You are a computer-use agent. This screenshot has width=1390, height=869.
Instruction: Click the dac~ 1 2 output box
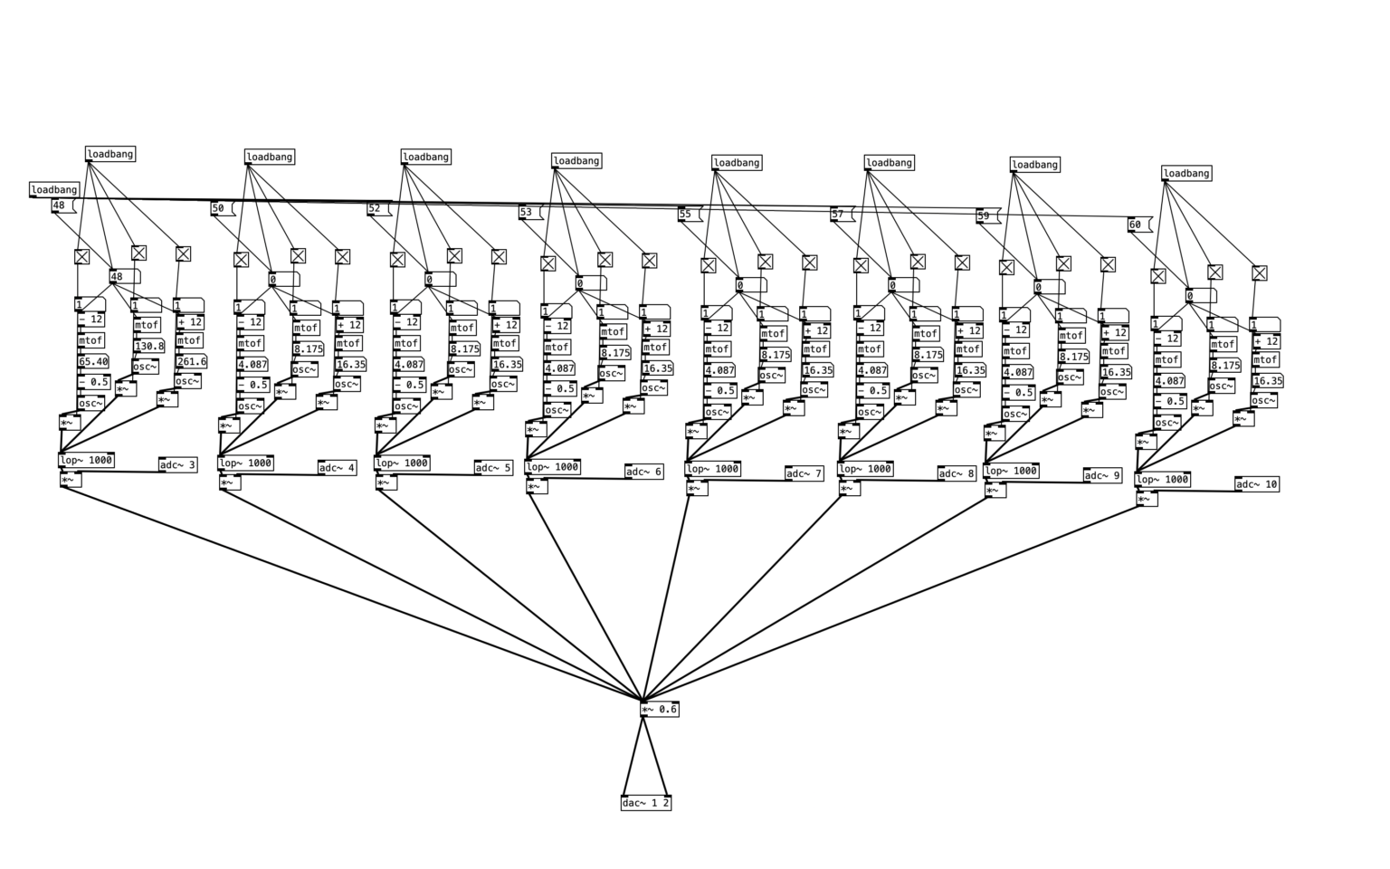point(646,803)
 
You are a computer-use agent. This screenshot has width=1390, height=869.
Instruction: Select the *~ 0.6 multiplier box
point(659,710)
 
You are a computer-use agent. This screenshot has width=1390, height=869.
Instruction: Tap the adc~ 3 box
point(177,465)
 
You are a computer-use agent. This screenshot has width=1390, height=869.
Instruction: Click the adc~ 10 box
point(1257,484)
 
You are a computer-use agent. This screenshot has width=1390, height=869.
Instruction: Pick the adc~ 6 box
point(643,472)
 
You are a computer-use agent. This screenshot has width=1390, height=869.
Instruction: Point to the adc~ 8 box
point(957,473)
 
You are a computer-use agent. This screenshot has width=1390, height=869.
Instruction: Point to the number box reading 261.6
point(191,361)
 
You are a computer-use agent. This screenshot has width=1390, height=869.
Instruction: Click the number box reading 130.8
point(149,346)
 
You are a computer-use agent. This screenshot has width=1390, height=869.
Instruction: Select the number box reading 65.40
point(93,361)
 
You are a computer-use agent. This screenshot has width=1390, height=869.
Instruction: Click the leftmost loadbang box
point(54,190)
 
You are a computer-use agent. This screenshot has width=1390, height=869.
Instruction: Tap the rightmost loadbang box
point(1185,174)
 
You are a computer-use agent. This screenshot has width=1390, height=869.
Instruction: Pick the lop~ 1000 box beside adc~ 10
point(1162,480)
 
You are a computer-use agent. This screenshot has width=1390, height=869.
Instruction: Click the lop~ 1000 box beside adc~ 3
point(86,460)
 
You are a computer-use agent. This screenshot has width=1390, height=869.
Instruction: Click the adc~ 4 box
point(337,468)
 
